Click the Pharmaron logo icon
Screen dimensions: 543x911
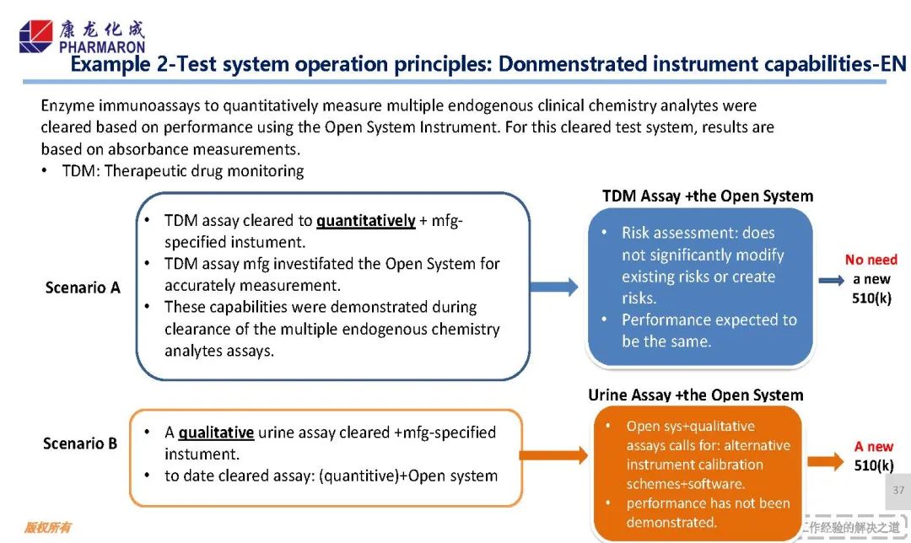(35, 37)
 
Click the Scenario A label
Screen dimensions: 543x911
(83, 288)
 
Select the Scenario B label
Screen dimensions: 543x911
(80, 443)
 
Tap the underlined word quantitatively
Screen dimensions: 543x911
(365, 221)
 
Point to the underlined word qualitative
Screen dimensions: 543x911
(216, 433)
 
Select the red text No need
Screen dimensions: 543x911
(871, 260)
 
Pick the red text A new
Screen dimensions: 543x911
(873, 447)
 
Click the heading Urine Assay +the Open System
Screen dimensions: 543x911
(695, 395)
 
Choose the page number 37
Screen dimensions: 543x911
(898, 490)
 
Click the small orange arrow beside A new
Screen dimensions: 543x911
(825, 460)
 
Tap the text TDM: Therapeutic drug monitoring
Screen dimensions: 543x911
(183, 171)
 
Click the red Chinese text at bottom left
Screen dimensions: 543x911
(46, 527)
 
